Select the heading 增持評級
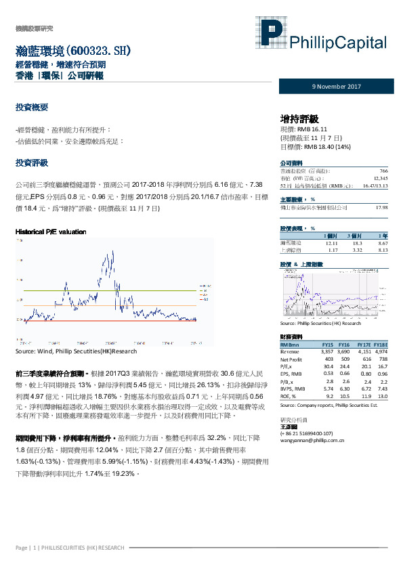pos(299,118)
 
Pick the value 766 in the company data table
pos(383,171)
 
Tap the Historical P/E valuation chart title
pos(51,232)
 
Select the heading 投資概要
pos(32,108)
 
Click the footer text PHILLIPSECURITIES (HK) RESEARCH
pos(87,547)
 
